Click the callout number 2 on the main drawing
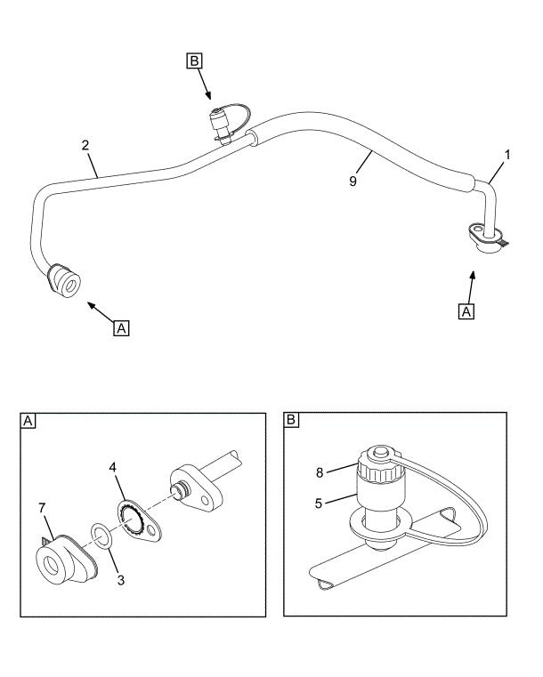(x=85, y=145)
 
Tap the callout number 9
(x=353, y=181)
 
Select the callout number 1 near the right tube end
(x=507, y=155)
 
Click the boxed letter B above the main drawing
(x=194, y=60)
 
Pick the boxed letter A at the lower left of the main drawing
(x=121, y=328)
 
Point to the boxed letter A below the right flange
(x=466, y=311)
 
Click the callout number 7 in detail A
(x=42, y=508)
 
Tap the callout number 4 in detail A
(x=113, y=467)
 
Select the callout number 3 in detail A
(x=121, y=580)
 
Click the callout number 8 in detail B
(x=320, y=472)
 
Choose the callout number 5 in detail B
(x=319, y=504)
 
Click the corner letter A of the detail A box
(x=28, y=421)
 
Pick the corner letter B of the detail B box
(x=292, y=420)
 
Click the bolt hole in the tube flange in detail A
(x=205, y=500)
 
